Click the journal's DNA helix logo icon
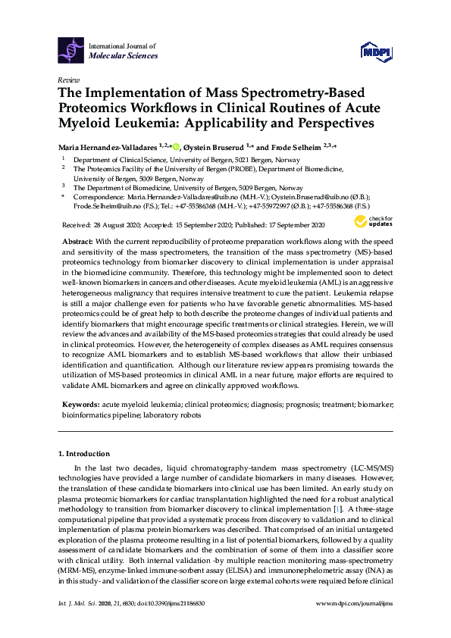pos(72,51)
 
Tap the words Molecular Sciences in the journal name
pos(124,56)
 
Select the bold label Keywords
pos(80,406)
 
